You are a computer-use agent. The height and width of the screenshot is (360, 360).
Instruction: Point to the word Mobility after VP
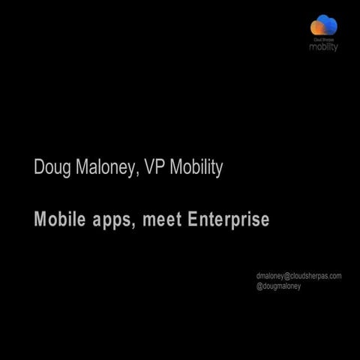click(x=196, y=167)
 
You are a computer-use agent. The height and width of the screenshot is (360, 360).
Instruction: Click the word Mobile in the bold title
click(x=56, y=220)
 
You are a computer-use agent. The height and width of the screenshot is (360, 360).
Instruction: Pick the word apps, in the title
click(x=109, y=221)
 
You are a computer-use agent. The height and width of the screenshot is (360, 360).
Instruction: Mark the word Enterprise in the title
click(x=229, y=220)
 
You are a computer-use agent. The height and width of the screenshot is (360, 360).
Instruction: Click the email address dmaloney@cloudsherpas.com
click(x=298, y=276)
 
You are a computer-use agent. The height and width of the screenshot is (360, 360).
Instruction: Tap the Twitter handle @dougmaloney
click(x=278, y=286)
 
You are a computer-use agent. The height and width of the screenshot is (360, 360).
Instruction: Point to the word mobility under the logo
click(x=324, y=46)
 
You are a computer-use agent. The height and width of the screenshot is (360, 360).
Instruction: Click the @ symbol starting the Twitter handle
click(x=259, y=286)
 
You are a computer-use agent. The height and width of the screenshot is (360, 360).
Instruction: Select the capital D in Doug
click(x=39, y=167)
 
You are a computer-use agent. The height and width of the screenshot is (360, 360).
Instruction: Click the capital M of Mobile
click(x=40, y=220)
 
